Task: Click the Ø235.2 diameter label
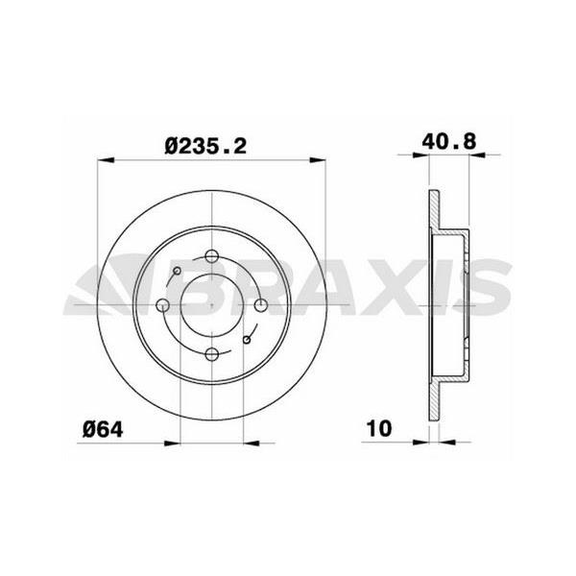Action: tap(205, 145)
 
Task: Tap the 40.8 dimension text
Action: tap(448, 141)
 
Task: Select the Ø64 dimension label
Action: tap(103, 429)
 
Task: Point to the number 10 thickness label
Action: tap(379, 428)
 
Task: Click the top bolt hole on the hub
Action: tap(212, 255)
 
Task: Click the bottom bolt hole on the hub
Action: tap(212, 354)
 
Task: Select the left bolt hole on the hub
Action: tap(163, 305)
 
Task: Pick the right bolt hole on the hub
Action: tap(261, 305)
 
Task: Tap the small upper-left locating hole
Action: tap(177, 271)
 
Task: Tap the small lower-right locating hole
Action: tap(247, 340)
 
